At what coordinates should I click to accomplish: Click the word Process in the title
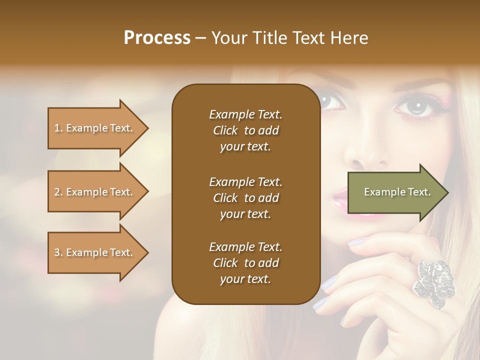tap(157, 37)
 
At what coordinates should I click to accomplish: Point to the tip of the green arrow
tap(447, 192)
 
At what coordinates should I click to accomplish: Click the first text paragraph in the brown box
tap(245, 130)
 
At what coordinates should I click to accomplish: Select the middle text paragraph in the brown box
tap(245, 198)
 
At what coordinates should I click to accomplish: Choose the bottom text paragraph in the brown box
tap(245, 263)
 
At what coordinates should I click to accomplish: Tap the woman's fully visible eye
tap(413, 106)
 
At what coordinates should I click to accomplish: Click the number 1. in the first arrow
tap(58, 128)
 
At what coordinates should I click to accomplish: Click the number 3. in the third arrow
tap(58, 252)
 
